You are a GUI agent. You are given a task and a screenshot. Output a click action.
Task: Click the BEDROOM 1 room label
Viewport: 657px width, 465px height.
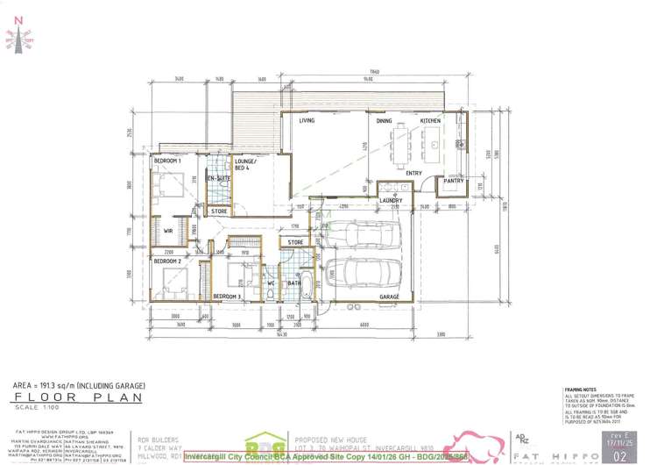[167, 161]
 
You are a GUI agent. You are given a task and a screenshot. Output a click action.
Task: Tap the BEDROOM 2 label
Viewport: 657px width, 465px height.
[167, 261]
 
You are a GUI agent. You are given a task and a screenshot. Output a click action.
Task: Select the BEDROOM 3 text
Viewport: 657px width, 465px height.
[227, 297]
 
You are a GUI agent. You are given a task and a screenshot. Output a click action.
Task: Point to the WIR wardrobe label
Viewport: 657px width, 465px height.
[168, 230]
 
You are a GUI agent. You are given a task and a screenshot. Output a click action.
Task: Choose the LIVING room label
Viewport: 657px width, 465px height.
[307, 120]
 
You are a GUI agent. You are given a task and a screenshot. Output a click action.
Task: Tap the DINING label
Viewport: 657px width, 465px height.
[385, 120]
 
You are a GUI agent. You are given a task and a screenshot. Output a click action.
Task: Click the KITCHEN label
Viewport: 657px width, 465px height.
[430, 120]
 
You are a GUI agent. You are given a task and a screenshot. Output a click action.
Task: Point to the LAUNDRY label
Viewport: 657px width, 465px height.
[391, 200]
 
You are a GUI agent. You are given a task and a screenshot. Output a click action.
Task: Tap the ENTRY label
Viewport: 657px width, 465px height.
[414, 173]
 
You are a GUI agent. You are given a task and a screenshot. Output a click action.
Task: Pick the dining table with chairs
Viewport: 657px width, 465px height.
[402, 146]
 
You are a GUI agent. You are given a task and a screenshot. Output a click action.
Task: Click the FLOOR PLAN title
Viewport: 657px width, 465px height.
[48, 397]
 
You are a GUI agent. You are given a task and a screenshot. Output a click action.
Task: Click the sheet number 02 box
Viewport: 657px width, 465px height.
[621, 455]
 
